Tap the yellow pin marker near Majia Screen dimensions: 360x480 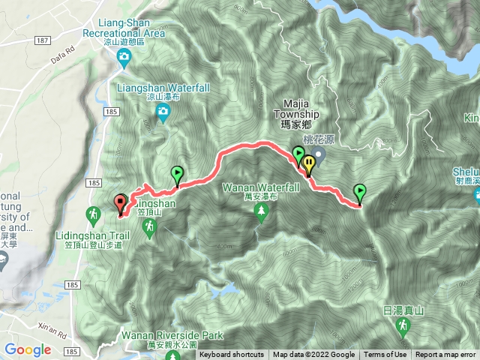coord(307,163)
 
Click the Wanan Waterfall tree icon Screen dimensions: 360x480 coord(261,213)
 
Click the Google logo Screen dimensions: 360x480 coord(28,349)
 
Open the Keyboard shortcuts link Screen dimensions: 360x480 coord(232,355)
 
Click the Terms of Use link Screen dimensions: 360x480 coord(385,355)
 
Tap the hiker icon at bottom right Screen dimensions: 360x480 coord(403,325)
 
